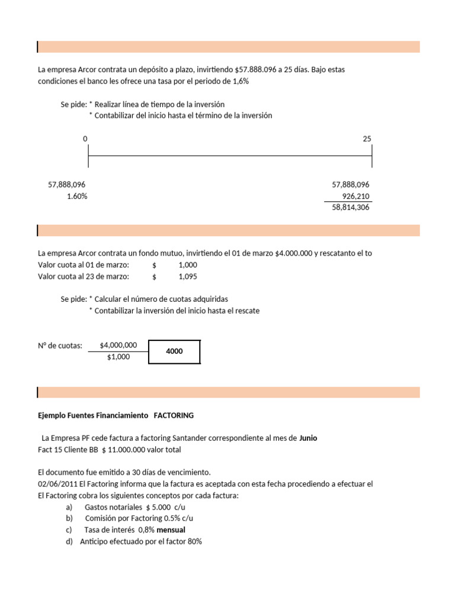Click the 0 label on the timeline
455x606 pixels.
tap(85, 138)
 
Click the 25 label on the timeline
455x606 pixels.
tap(367, 138)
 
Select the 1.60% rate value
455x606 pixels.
tap(77, 196)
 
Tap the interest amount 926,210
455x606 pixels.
tap(355, 196)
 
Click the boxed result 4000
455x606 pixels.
tap(174, 352)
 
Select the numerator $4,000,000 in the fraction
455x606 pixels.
tap(118, 346)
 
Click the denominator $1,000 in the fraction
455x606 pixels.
tap(118, 357)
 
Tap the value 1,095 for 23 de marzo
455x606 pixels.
tap(188, 276)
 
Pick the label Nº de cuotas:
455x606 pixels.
tap(60, 346)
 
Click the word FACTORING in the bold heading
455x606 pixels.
tap(174, 415)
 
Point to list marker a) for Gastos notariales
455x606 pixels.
tap(69, 507)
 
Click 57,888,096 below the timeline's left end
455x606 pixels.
tap(71, 185)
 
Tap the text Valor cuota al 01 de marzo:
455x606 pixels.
tap(83, 265)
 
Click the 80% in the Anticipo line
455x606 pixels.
tap(195, 541)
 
